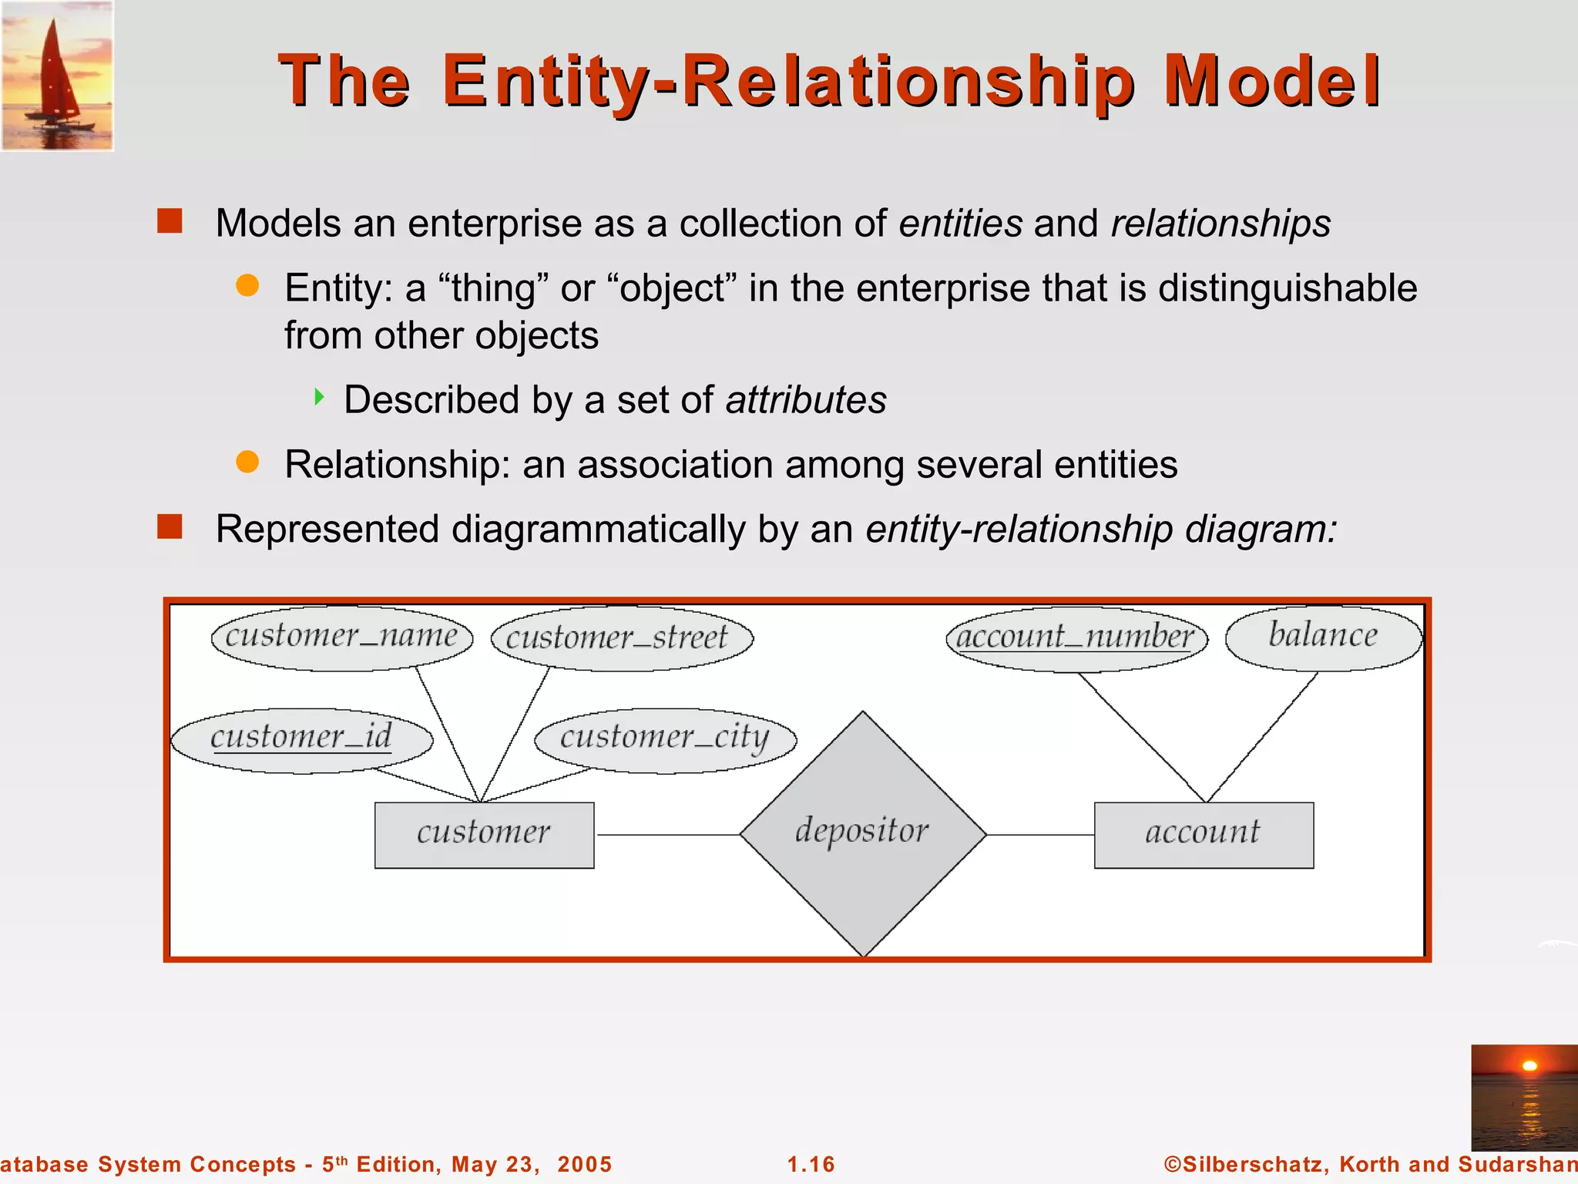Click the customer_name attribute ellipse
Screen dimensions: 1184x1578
click(342, 637)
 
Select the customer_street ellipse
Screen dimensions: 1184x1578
click(622, 638)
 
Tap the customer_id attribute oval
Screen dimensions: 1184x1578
click(301, 739)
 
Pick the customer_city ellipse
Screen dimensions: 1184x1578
click(665, 739)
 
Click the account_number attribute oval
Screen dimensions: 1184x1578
click(1076, 638)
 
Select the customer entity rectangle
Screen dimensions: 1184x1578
click(484, 835)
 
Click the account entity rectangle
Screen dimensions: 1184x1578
click(1204, 835)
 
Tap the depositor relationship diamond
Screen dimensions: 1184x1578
click(863, 834)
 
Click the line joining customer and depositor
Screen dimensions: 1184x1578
click(667, 835)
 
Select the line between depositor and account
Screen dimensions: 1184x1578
click(1040, 835)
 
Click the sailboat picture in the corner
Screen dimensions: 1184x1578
click(57, 76)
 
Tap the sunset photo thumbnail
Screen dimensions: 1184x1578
click(1523, 1098)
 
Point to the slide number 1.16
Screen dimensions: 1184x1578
click(811, 1164)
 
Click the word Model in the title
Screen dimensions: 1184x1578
click(1271, 81)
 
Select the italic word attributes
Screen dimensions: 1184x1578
click(806, 400)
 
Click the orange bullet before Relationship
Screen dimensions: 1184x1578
click(247, 462)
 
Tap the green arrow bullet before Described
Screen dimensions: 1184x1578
click(319, 398)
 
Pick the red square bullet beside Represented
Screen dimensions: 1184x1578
click(170, 527)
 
